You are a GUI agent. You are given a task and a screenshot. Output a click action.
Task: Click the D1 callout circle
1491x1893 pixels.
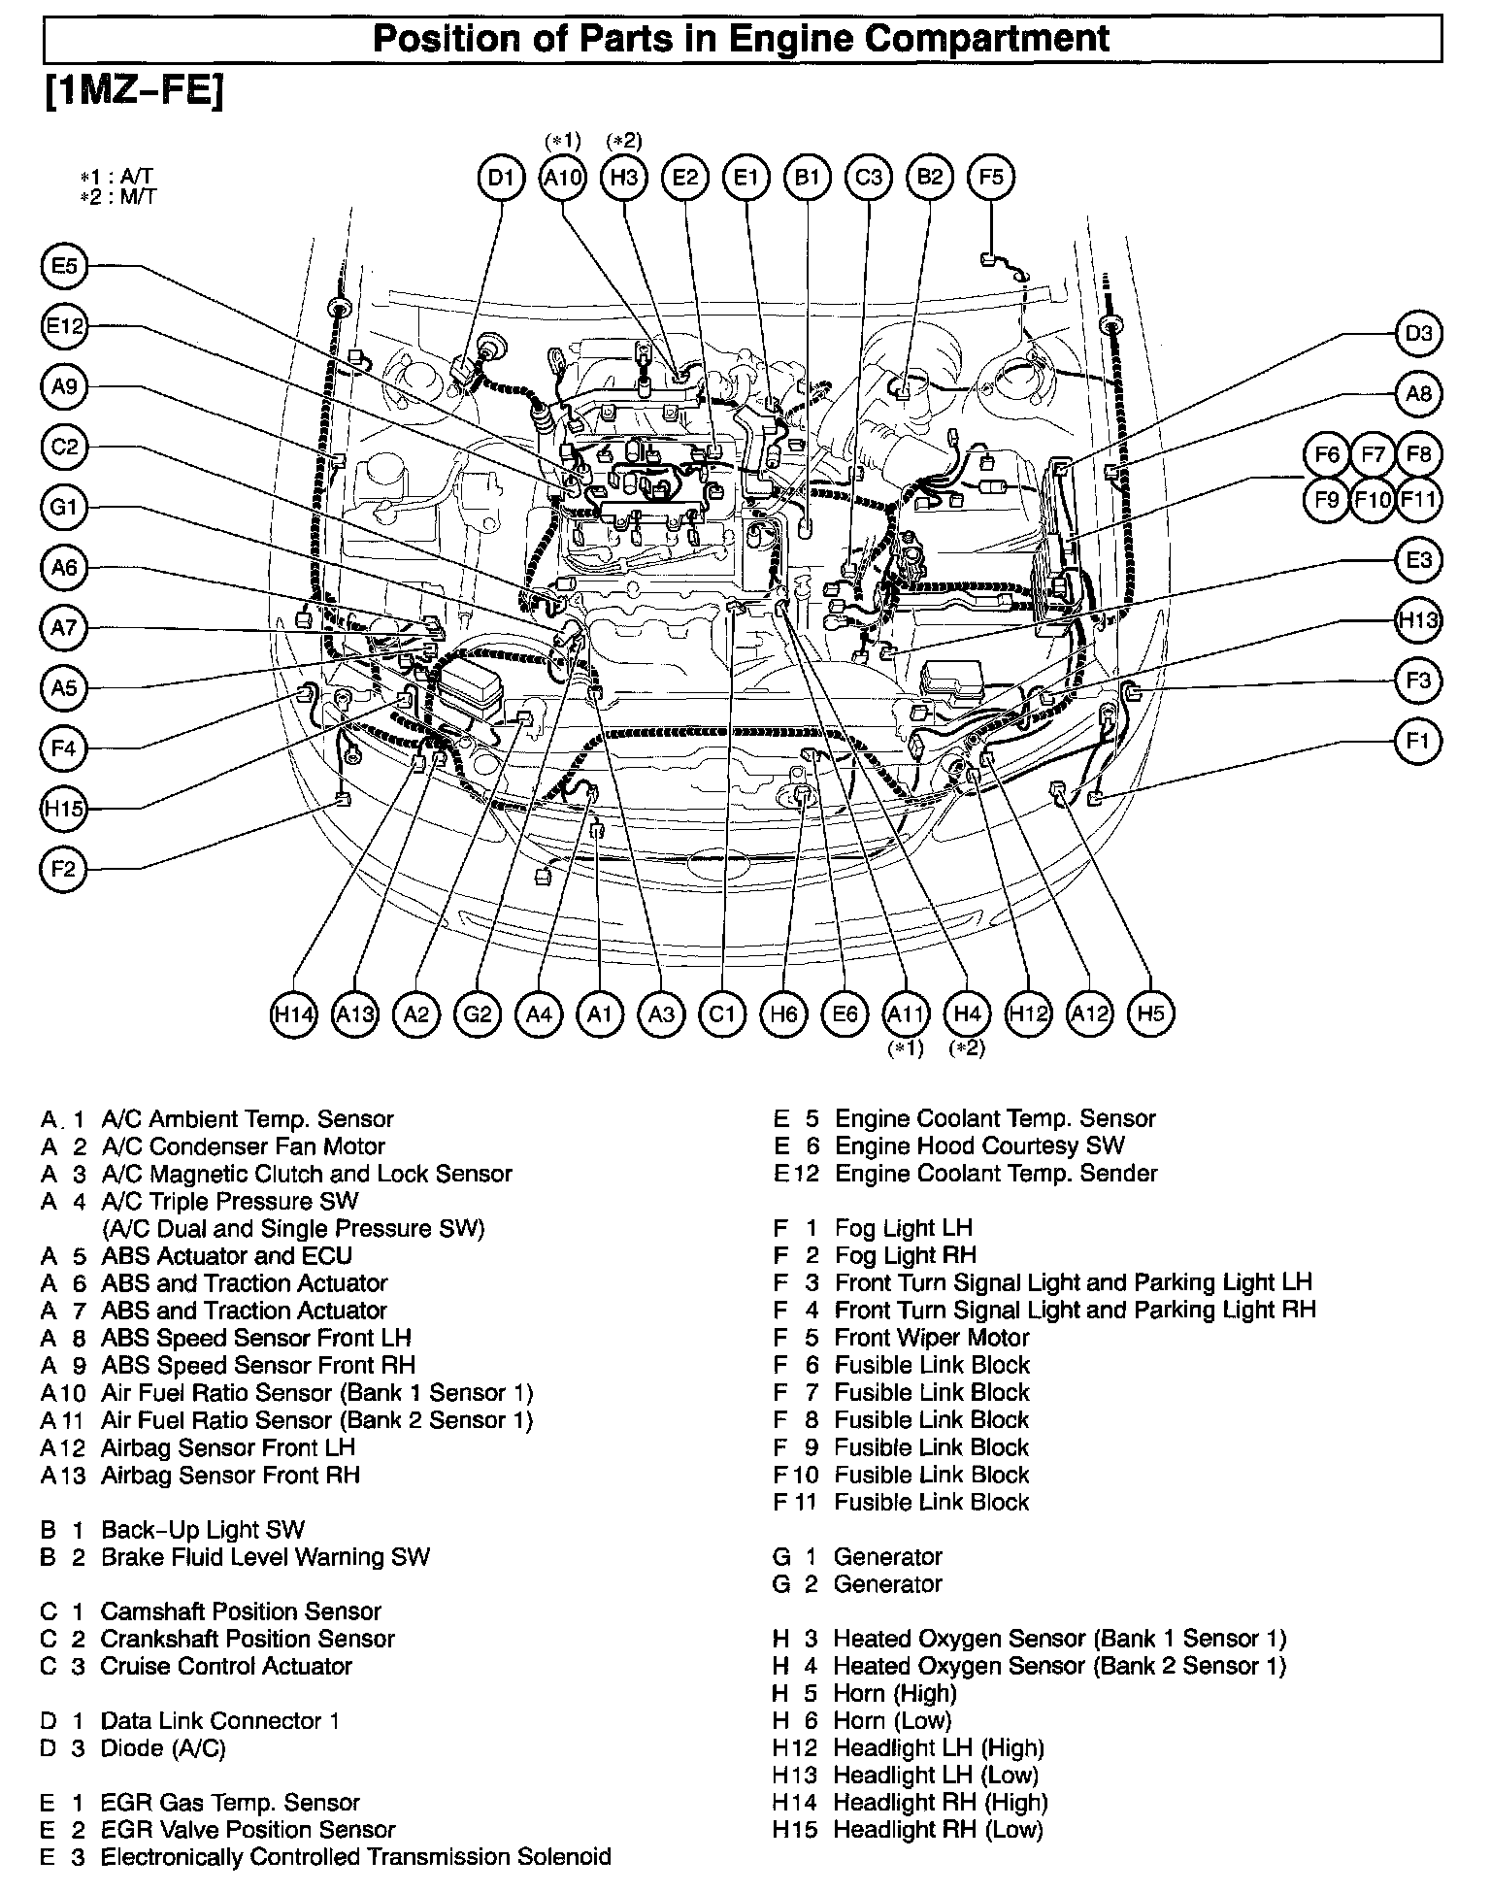coord(501,178)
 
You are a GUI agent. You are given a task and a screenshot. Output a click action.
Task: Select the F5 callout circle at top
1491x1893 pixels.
coord(991,177)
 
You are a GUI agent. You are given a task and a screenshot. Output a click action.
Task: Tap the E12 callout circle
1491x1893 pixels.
coord(64,327)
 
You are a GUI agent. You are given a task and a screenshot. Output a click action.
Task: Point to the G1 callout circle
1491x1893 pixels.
coord(64,508)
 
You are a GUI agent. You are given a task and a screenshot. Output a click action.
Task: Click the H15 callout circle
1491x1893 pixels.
coord(64,809)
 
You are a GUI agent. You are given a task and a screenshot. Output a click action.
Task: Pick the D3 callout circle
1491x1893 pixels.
coord(1418,334)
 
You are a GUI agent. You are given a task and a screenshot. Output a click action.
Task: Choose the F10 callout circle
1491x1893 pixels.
coord(1373,500)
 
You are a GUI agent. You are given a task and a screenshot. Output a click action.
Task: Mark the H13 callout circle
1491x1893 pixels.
coord(1418,620)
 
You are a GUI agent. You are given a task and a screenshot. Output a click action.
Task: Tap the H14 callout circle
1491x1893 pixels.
coord(293,1014)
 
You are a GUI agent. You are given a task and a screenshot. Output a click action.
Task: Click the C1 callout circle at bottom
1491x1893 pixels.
coord(721,1014)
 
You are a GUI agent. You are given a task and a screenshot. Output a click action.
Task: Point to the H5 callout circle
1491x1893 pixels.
coord(1150,1014)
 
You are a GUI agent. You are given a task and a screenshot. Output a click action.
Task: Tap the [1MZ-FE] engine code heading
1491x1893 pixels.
coord(134,92)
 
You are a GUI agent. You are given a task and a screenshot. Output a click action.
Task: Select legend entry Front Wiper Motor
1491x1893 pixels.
coord(930,1338)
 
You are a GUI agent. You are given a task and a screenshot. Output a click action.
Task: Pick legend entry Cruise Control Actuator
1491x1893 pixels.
coord(225,1666)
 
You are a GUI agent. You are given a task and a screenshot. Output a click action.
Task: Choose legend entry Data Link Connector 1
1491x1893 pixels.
coord(219,1721)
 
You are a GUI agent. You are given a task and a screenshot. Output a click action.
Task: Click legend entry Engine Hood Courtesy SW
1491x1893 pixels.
coord(978,1146)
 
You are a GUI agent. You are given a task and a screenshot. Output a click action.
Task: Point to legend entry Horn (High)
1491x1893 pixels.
coord(894,1693)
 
